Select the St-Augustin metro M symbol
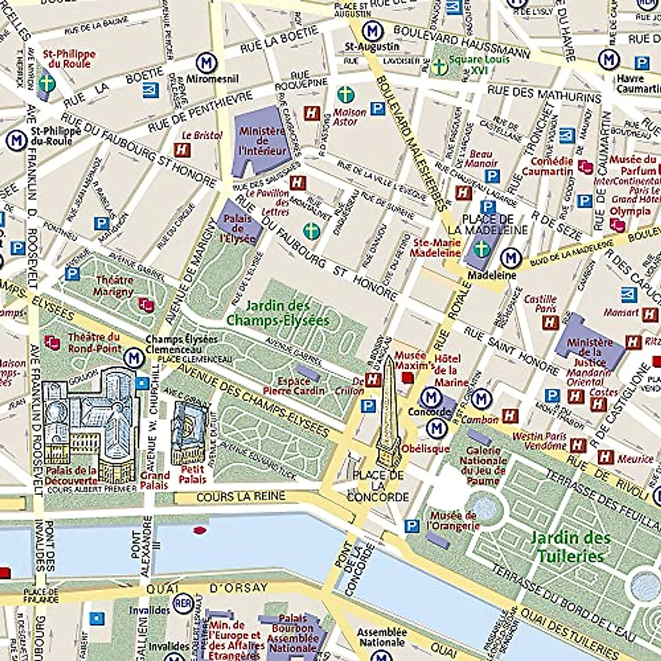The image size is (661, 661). click(x=373, y=30)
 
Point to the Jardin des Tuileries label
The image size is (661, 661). click(x=570, y=546)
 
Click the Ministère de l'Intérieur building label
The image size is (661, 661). click(x=262, y=141)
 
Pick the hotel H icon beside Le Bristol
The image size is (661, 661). click(x=182, y=149)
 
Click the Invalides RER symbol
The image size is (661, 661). click(x=182, y=603)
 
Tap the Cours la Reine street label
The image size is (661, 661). click(x=241, y=497)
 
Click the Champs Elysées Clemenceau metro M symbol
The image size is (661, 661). click(x=133, y=357)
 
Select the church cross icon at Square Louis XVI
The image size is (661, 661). click(x=439, y=67)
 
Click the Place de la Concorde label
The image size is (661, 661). click(x=378, y=486)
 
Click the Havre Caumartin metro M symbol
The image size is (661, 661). click(x=609, y=59)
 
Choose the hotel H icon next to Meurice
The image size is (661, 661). click(x=605, y=457)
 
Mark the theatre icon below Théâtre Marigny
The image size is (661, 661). click(x=146, y=304)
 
